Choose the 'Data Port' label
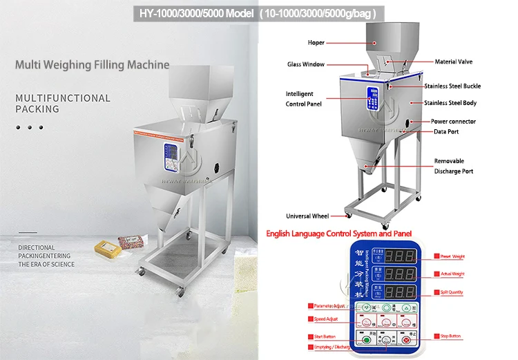[445, 131]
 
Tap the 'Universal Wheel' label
[307, 216]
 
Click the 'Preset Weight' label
[452, 256]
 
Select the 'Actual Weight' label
[452, 274]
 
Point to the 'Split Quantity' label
[452, 292]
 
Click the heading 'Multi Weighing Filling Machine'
[93, 66]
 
